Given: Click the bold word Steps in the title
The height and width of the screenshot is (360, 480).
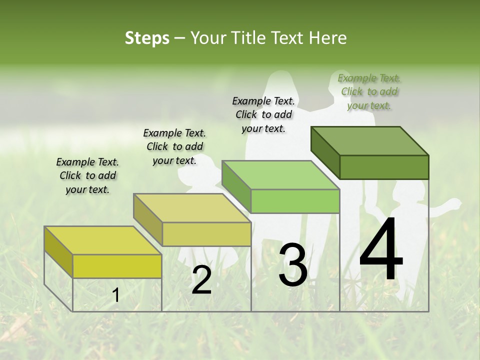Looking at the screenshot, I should (x=147, y=38).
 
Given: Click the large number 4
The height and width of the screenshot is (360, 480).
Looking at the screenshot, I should (x=381, y=250).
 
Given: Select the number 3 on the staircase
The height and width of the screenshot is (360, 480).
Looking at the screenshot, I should (x=292, y=265).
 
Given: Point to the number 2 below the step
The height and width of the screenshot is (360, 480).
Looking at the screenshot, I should (x=201, y=280).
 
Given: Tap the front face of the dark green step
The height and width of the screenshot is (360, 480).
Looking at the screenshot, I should (x=384, y=167).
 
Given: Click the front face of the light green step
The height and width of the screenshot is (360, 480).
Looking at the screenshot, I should (x=295, y=201).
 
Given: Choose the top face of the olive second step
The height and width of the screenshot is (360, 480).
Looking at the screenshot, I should (x=192, y=207).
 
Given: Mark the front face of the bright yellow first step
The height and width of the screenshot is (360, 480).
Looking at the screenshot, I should (x=117, y=266).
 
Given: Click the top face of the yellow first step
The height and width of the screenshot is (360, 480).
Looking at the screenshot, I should (x=103, y=240).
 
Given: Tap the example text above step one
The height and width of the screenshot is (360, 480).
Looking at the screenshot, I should (x=87, y=175).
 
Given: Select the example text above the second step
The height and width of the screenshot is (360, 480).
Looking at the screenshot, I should (x=174, y=146).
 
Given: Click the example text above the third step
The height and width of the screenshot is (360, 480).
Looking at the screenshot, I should (x=263, y=114).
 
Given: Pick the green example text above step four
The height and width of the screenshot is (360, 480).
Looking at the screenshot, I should (x=369, y=91).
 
